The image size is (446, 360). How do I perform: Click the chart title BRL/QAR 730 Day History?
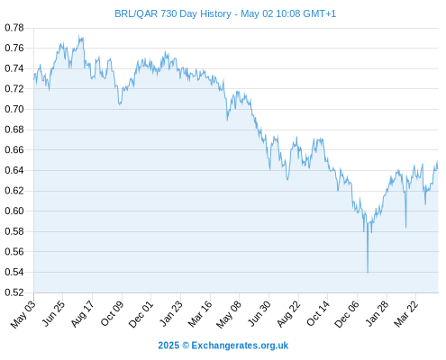click(173, 13)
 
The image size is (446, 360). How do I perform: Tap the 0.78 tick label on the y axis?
click(14, 28)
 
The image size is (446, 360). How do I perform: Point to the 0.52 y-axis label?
click(14, 292)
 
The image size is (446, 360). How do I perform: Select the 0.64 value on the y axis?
click(14, 170)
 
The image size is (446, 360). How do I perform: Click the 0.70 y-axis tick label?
click(14, 109)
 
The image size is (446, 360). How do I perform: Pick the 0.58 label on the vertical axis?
click(14, 231)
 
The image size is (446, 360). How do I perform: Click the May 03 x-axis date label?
click(23, 314)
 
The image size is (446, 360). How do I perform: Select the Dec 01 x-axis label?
click(141, 314)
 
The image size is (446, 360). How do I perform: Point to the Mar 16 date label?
click(200, 314)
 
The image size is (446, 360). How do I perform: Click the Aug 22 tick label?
click(288, 314)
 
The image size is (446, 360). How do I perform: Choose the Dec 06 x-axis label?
click(347, 314)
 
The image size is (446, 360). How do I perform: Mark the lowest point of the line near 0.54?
click(368, 273)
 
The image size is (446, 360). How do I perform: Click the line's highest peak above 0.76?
click(79, 36)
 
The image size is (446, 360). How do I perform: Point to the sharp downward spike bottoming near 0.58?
click(405, 228)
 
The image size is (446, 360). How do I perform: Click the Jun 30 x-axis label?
click(259, 314)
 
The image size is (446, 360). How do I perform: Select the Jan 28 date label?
click(378, 314)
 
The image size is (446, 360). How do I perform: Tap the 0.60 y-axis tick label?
click(14, 211)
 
